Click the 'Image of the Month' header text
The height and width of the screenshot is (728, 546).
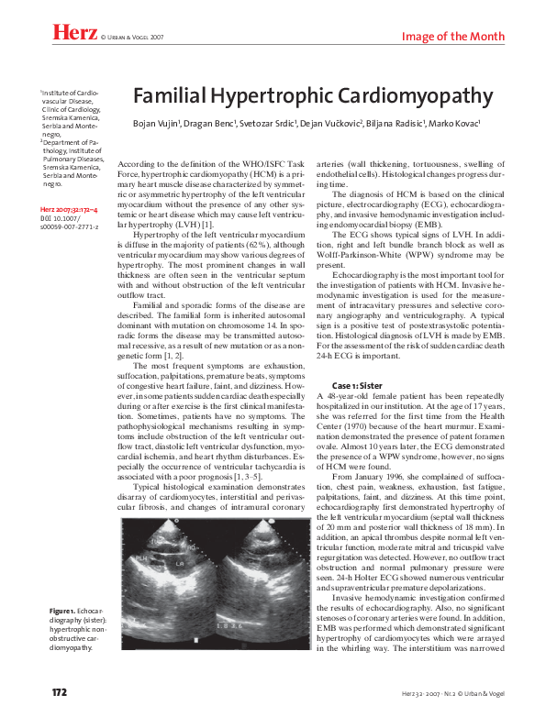[453, 36]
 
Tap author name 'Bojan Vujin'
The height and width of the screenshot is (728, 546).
[159, 123]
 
